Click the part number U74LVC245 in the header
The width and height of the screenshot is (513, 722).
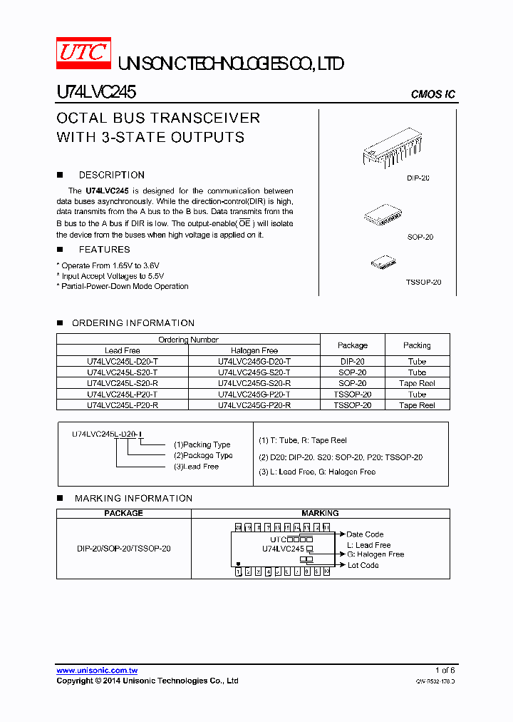(x=96, y=92)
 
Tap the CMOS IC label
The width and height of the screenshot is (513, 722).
(x=432, y=95)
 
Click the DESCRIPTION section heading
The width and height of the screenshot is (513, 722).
(x=111, y=175)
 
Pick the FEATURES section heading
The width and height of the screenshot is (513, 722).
(x=104, y=250)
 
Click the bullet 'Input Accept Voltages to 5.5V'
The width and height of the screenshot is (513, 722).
(x=113, y=276)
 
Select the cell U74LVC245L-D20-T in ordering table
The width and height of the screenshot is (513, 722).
(x=123, y=362)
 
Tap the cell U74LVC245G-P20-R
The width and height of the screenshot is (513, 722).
(x=254, y=405)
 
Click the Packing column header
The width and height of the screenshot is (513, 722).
(x=417, y=345)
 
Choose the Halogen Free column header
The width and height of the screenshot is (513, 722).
(x=254, y=351)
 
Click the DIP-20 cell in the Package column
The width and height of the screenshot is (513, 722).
(x=352, y=362)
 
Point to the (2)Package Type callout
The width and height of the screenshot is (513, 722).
(x=203, y=455)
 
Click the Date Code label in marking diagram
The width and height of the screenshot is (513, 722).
(x=365, y=534)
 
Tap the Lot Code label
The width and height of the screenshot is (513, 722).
(x=363, y=565)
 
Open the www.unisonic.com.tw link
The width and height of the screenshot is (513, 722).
(x=97, y=671)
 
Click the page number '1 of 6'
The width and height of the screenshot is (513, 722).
(x=445, y=671)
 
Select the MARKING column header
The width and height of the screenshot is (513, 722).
(x=320, y=513)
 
